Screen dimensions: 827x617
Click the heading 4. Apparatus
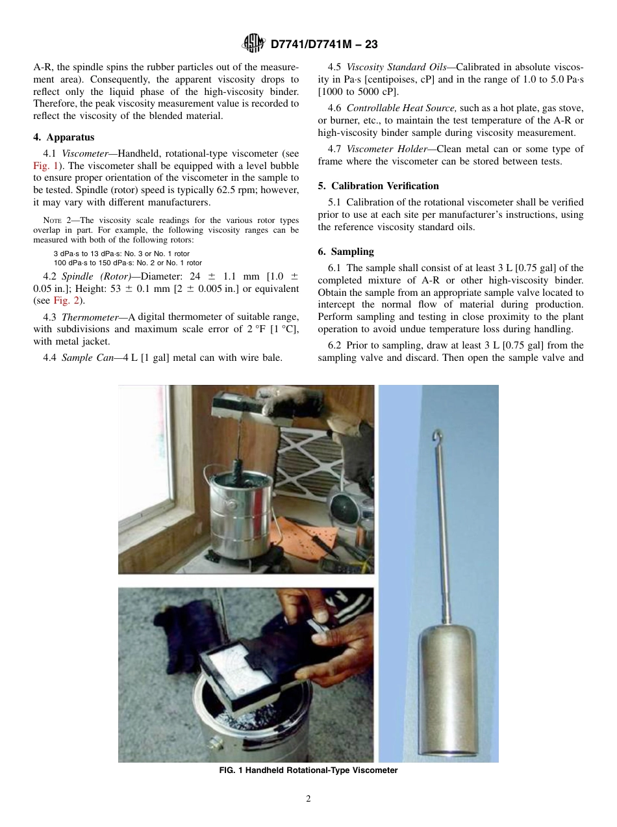click(x=64, y=137)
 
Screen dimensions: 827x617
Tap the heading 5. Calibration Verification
click(x=378, y=186)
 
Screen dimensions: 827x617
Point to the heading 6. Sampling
click(x=346, y=252)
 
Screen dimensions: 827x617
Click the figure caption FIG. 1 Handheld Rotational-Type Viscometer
click(x=308, y=770)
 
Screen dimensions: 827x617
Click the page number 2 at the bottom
click(x=308, y=799)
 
